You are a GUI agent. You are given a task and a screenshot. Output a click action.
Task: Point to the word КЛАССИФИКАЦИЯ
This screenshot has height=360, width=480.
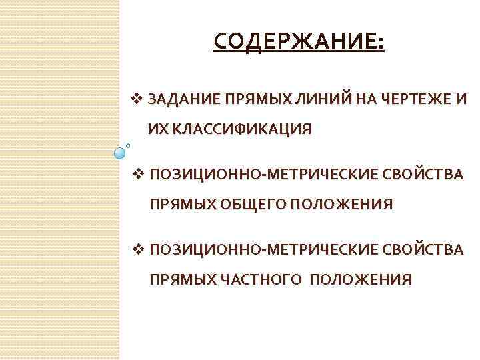[x=243, y=129]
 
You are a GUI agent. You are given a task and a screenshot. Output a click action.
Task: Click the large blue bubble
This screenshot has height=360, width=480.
[x=120, y=153]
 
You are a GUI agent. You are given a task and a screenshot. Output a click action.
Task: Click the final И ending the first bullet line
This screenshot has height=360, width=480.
[x=461, y=100]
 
